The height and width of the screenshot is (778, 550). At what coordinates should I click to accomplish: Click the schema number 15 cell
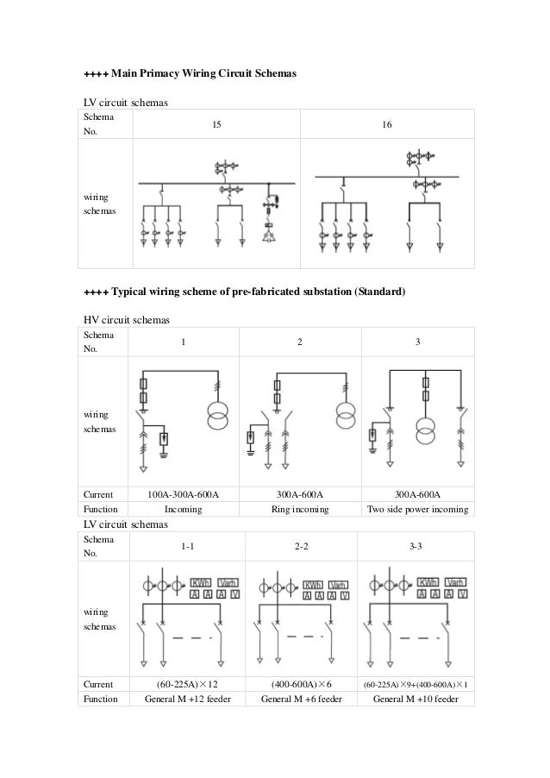pyautogui.click(x=217, y=125)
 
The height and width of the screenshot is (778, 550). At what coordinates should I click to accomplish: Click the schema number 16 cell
pyautogui.click(x=387, y=125)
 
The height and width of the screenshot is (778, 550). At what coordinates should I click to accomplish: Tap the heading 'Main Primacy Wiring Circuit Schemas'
pyautogui.click(x=190, y=75)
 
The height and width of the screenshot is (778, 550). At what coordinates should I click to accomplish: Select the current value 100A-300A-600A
pyautogui.click(x=183, y=494)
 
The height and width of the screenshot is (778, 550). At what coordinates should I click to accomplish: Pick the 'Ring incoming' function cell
pyautogui.click(x=300, y=509)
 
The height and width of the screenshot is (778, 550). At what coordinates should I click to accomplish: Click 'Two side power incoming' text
pyautogui.click(x=417, y=509)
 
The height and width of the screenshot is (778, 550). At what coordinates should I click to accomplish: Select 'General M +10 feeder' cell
pyautogui.click(x=418, y=700)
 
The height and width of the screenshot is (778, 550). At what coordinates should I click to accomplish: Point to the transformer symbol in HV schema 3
pyautogui.click(x=422, y=428)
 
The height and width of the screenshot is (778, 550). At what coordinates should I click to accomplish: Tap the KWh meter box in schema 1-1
pyautogui.click(x=201, y=583)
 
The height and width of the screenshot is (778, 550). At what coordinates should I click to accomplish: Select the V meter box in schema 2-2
pyautogui.click(x=345, y=595)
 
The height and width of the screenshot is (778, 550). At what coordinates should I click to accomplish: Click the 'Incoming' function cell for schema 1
pyautogui.click(x=183, y=509)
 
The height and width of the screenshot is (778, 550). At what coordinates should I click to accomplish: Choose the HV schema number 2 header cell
pyautogui.click(x=300, y=342)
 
